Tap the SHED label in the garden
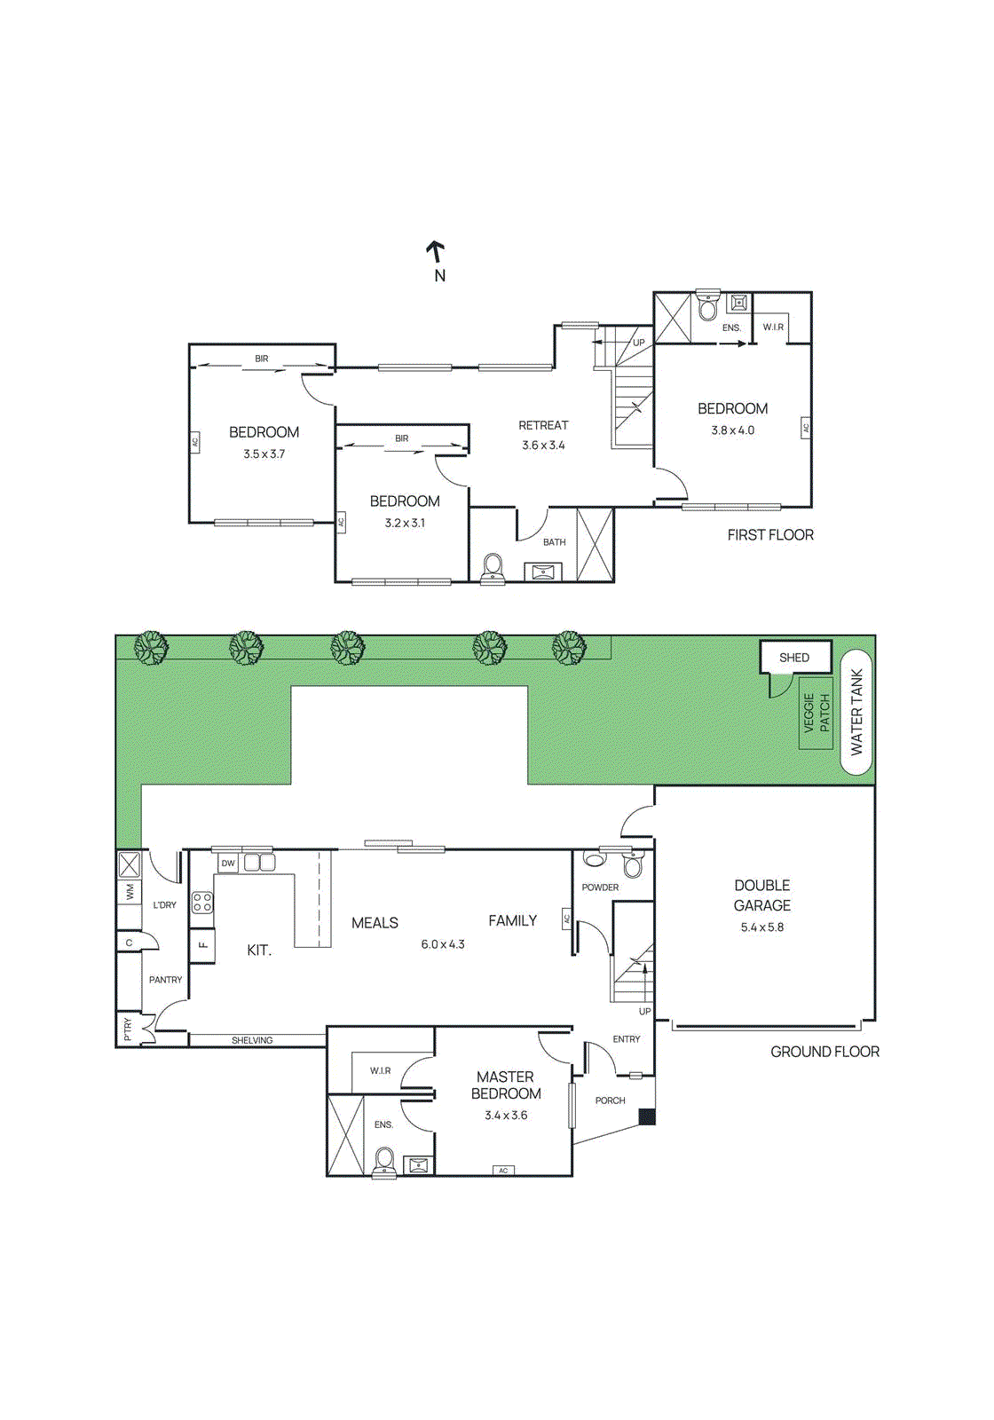click(x=794, y=658)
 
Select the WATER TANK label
click(x=856, y=712)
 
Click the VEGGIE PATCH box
click(x=816, y=713)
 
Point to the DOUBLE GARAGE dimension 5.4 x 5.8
click(x=761, y=927)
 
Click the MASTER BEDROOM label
click(x=506, y=1085)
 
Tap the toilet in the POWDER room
click(x=633, y=865)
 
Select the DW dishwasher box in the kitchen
click(x=228, y=863)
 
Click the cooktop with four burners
click(x=202, y=903)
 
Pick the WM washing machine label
click(x=130, y=891)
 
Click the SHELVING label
click(x=252, y=1040)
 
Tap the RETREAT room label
click(x=543, y=426)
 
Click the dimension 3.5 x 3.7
click(x=264, y=454)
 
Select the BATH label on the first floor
click(x=554, y=542)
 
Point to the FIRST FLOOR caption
click(x=769, y=535)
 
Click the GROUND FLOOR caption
click(x=824, y=1052)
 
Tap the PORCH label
click(x=610, y=1100)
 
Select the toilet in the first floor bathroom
click(x=493, y=568)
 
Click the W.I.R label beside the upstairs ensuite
click(x=773, y=327)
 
